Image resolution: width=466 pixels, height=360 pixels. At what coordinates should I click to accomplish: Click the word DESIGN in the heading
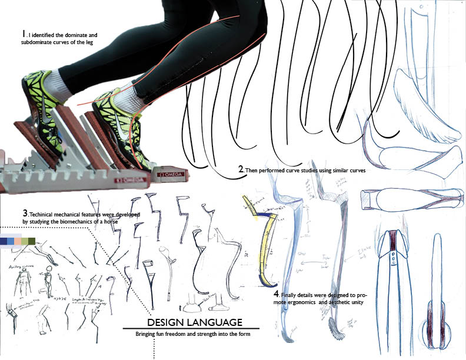pos(164,322)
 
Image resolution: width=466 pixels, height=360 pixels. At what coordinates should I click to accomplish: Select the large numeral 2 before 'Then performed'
pos(241,169)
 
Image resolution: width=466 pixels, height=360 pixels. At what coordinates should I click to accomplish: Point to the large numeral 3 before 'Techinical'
pos(25,212)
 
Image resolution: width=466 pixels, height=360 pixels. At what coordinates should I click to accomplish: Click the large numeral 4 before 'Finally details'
pos(277,293)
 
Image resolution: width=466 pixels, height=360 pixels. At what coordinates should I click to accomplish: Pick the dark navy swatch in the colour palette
pos(6,241)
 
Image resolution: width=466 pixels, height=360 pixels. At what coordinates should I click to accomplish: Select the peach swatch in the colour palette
pos(19,241)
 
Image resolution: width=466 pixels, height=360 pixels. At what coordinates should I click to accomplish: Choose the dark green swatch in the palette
pos(32,241)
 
